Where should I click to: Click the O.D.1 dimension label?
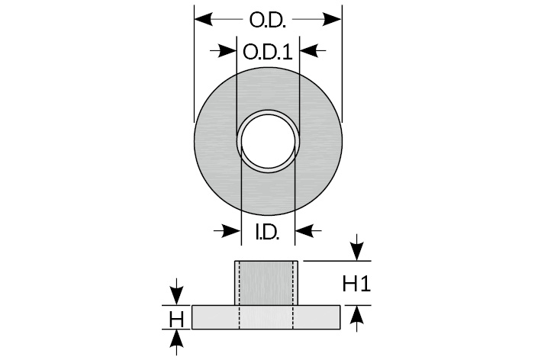266,52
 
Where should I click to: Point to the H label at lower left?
176,317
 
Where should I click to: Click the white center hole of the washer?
268,140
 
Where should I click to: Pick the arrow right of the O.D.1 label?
308,52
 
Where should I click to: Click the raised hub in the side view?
266,283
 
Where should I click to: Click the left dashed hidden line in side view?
240,294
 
